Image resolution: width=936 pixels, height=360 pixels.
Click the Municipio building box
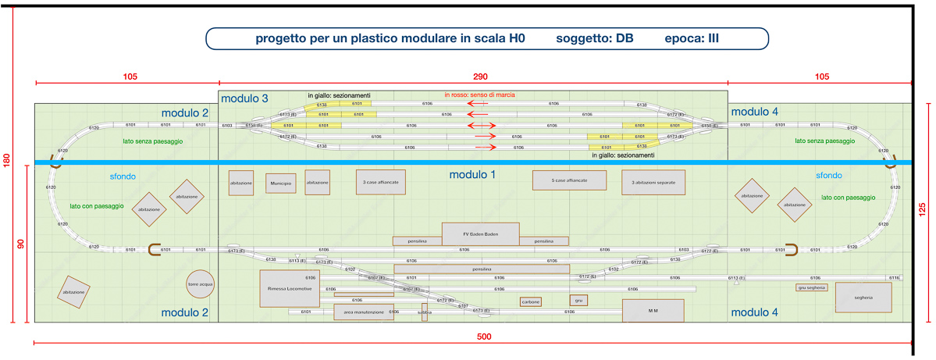tap(281, 184)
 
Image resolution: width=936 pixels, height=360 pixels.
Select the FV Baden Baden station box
tap(480, 233)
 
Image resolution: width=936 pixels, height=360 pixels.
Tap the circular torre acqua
tap(200, 284)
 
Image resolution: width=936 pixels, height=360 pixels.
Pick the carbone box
tap(531, 301)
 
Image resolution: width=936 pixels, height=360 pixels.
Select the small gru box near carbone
tap(578, 300)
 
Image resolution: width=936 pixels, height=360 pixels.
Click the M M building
tap(653, 311)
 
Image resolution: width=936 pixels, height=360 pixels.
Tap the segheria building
tap(863, 298)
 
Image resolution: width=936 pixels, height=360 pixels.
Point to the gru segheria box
tap(812, 287)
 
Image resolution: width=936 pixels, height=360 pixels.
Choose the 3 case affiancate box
tap(381, 181)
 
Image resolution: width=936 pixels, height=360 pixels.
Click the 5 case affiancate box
tap(569, 180)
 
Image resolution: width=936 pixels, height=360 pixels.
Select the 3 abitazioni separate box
tap(653, 182)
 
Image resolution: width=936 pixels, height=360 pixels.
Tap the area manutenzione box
tap(364, 312)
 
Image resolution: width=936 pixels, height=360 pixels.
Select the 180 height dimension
tap(7, 161)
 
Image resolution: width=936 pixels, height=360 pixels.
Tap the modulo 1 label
tap(472, 175)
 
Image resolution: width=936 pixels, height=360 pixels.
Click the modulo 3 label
tap(244, 98)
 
